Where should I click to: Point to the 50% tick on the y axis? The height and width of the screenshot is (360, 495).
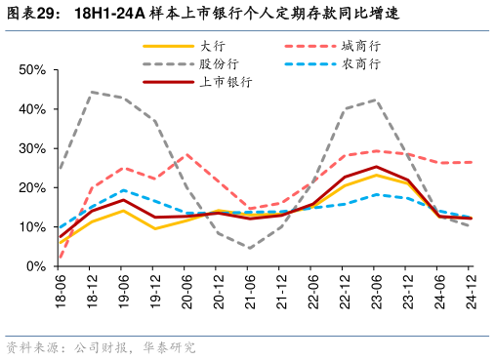pyautogui.click(x=32, y=70)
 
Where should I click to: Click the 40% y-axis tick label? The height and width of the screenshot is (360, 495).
pyautogui.click(x=32, y=109)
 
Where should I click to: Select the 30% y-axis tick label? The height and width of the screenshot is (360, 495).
pyautogui.click(x=32, y=148)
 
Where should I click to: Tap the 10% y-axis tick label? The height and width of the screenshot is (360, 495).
pyautogui.click(x=32, y=226)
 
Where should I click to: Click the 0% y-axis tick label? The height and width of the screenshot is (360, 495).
pyautogui.click(x=36, y=265)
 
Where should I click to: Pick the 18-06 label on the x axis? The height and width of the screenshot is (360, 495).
pyautogui.click(x=61, y=290)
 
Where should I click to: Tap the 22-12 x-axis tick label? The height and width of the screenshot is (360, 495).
pyautogui.click(x=345, y=290)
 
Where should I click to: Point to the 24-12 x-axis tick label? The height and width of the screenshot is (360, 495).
pyautogui.click(x=471, y=290)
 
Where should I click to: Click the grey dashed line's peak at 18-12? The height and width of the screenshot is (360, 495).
pyautogui.click(x=92, y=93)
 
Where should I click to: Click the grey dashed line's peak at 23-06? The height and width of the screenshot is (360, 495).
pyautogui.click(x=376, y=100)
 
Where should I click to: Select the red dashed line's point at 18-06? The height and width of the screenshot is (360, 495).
pyautogui.click(x=61, y=259)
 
